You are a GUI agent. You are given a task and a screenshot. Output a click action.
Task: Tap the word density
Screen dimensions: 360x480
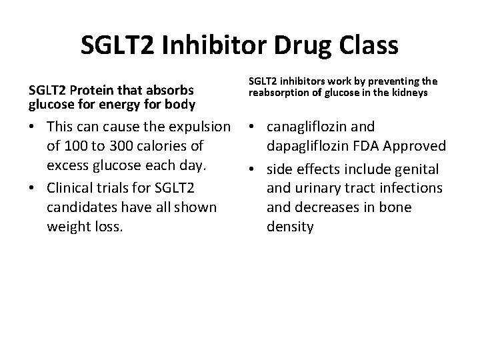pos(290,227)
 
